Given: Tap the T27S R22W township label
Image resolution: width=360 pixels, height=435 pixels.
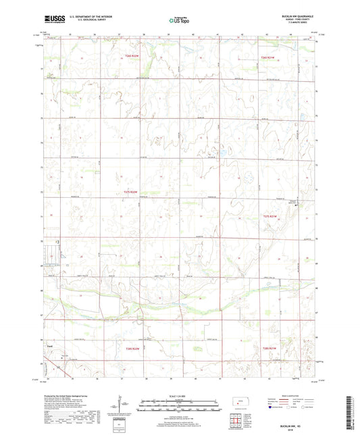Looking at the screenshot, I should click(131, 193).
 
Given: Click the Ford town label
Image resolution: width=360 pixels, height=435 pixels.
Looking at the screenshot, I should click(49, 347).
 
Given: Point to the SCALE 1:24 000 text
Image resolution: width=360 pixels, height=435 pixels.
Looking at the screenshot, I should click(180, 394).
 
